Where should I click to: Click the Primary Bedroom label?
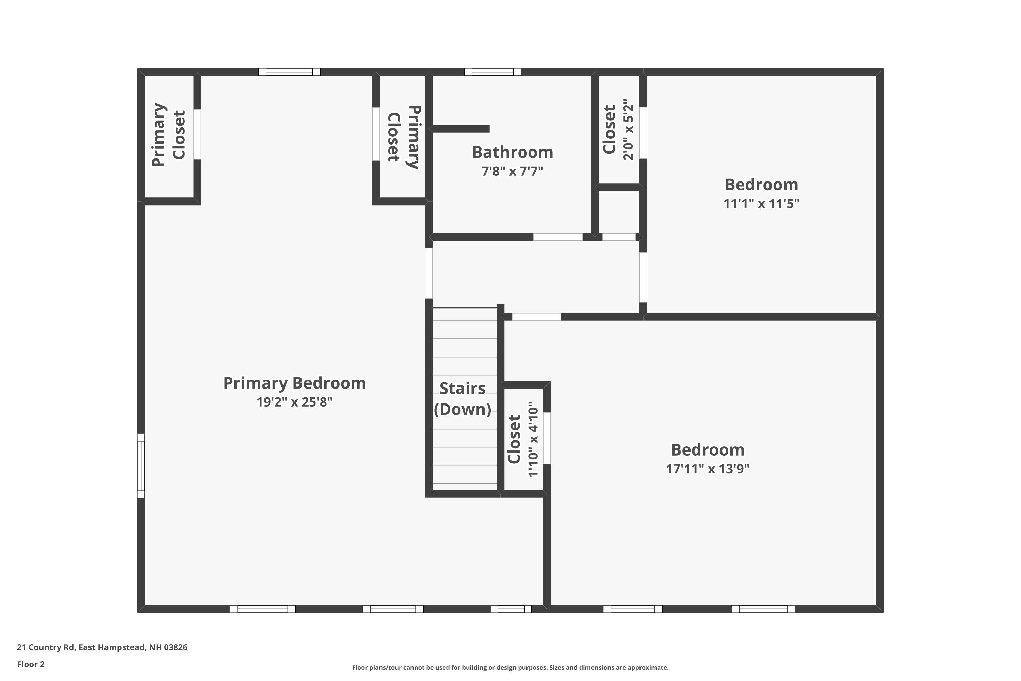[x=294, y=383]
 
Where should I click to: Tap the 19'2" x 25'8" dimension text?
[x=294, y=402]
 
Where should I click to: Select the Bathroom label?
[x=512, y=153]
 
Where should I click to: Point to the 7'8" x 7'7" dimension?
[x=512, y=171]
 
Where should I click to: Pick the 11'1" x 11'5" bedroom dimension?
[x=761, y=204]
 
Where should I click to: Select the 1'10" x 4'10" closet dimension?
[x=533, y=439]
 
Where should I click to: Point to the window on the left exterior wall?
[x=141, y=466]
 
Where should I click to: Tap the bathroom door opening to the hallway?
[x=558, y=237]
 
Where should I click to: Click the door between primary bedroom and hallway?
[x=428, y=273]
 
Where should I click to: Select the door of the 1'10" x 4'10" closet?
[x=547, y=438]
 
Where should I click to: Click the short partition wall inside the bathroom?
[x=460, y=129]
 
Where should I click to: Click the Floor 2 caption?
[x=31, y=664]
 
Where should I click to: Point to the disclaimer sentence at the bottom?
[x=510, y=667]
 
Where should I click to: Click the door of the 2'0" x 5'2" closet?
[x=643, y=132]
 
